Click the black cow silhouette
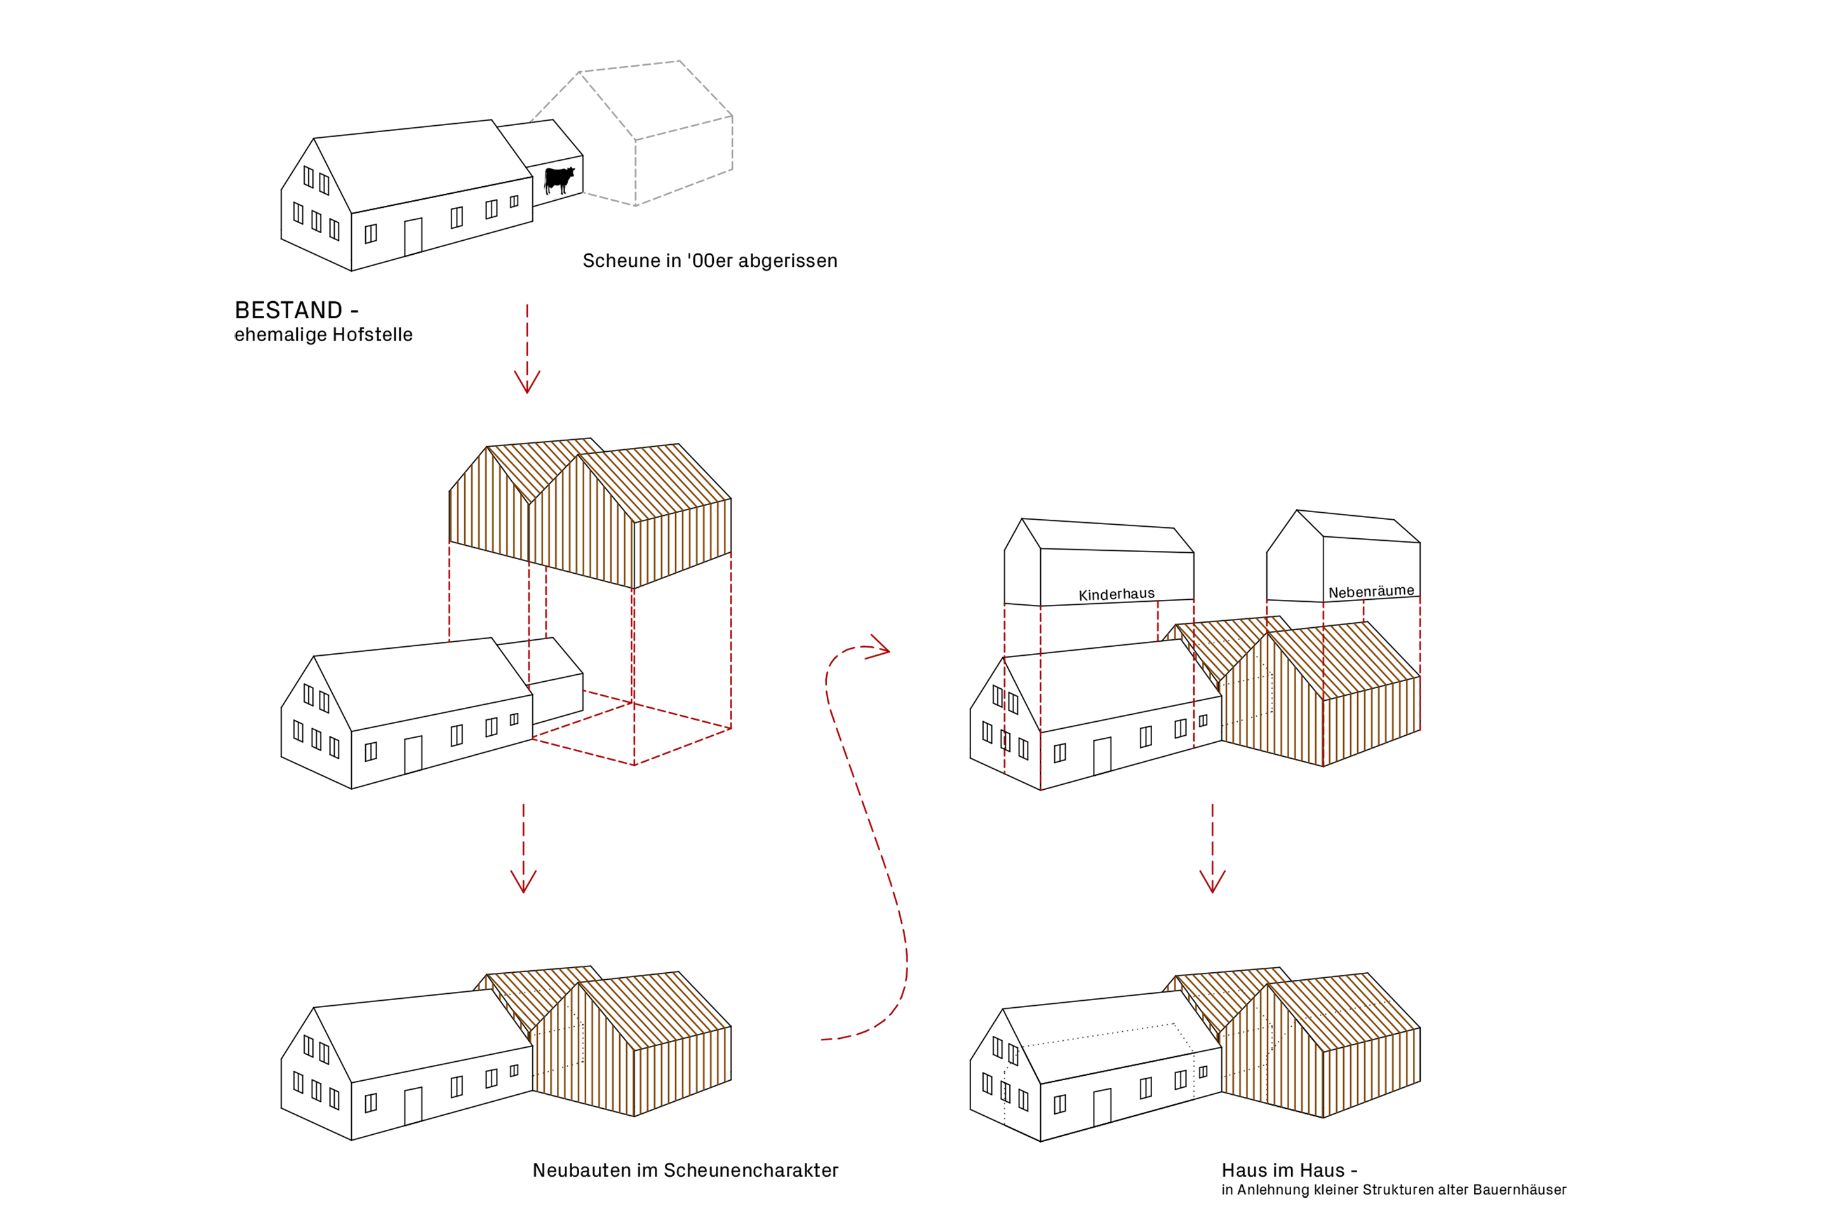[x=559, y=180]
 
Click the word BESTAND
[x=288, y=311]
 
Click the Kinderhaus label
[x=1116, y=595]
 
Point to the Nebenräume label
[x=1371, y=592]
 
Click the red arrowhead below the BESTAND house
[x=527, y=382]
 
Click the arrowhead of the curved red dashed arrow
[x=879, y=647]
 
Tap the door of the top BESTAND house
[x=413, y=236]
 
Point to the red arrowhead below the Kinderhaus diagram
[x=1212, y=881]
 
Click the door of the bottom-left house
[x=413, y=1106]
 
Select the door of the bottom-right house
[x=1102, y=1107]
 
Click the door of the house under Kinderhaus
[x=1102, y=756]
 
